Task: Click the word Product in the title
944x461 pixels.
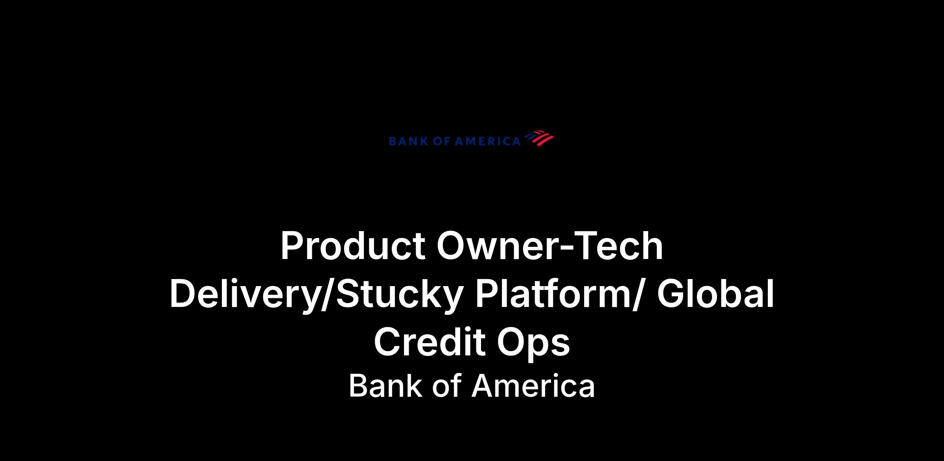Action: (353, 246)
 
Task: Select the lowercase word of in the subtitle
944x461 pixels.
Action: (446, 386)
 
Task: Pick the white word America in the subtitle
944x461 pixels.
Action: (533, 386)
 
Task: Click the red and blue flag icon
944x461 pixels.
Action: (539, 138)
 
